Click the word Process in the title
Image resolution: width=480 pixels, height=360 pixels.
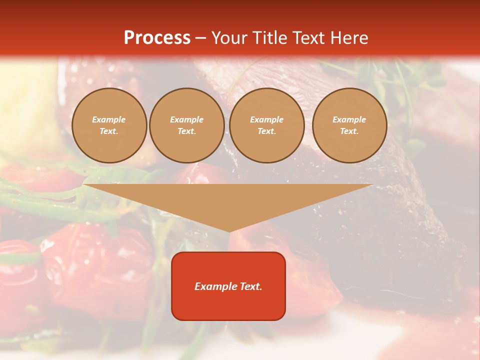(x=157, y=38)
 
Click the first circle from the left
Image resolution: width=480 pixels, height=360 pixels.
(x=109, y=125)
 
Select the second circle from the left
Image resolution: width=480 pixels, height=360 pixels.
(x=187, y=125)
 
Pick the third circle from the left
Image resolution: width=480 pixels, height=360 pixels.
(x=267, y=125)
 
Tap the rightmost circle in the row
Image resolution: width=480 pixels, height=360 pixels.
(x=349, y=125)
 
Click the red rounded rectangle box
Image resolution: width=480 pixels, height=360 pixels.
(x=228, y=286)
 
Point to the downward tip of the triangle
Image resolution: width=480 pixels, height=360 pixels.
(x=229, y=231)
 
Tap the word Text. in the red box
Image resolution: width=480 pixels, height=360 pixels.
(x=250, y=286)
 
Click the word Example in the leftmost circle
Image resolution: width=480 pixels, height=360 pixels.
(x=109, y=119)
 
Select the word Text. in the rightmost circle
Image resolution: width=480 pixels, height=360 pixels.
(x=349, y=131)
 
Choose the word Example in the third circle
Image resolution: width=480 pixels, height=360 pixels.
(x=267, y=119)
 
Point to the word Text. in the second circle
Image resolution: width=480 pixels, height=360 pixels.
(x=187, y=131)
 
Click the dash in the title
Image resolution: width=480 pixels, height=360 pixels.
(x=201, y=38)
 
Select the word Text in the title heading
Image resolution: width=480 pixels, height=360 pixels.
(x=307, y=38)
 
